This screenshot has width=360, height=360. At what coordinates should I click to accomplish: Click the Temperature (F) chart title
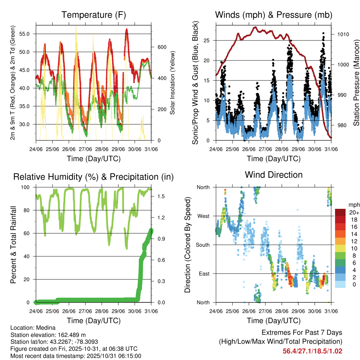[93, 15]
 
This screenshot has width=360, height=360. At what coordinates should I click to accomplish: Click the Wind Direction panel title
[274, 174]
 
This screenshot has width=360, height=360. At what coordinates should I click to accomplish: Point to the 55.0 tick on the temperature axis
[28, 34]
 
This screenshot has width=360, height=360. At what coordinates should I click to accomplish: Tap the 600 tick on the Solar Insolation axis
[157, 47]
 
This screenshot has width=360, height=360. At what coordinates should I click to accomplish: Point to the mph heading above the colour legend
[353, 205]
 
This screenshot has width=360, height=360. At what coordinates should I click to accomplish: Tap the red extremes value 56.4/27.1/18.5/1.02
[312, 351]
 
